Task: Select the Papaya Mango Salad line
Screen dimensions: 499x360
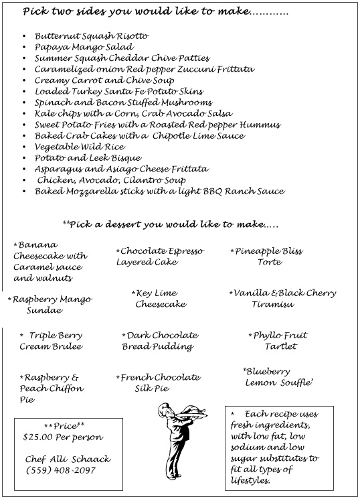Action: pyautogui.click(x=84, y=47)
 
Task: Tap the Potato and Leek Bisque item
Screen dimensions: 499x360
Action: pyautogui.click(x=89, y=157)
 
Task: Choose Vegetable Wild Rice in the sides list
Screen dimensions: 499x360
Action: pyautogui.click(x=80, y=146)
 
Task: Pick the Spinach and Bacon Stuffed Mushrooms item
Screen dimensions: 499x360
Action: pyautogui.click(x=124, y=102)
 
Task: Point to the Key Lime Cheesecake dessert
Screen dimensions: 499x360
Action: pyautogui.click(x=159, y=299)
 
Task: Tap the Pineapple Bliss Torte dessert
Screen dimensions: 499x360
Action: pyautogui.click(x=267, y=257)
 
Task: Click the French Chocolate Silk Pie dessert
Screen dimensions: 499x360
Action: pyautogui.click(x=158, y=382)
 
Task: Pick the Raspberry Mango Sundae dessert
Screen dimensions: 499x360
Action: pyautogui.click(x=50, y=305)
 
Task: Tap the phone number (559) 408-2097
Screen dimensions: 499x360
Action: pyautogui.click(x=61, y=470)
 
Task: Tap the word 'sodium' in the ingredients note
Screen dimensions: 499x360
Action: pyautogui.click(x=246, y=447)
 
